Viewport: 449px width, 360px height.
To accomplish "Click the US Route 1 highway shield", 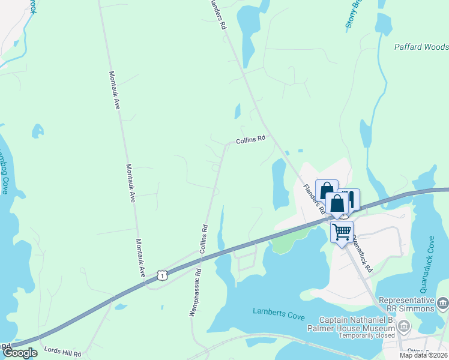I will coord(161,275).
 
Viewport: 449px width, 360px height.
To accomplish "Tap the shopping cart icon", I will coord(342,232).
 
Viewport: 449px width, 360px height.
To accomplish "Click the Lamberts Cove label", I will coord(278,311).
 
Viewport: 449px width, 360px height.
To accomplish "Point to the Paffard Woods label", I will coord(421,46).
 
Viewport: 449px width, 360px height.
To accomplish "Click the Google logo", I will coord(19,353).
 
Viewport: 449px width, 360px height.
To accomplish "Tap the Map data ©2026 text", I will coord(424,355).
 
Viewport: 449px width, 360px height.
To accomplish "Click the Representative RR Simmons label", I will coord(405,304).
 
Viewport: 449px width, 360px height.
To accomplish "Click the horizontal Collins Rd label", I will coord(250,140).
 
